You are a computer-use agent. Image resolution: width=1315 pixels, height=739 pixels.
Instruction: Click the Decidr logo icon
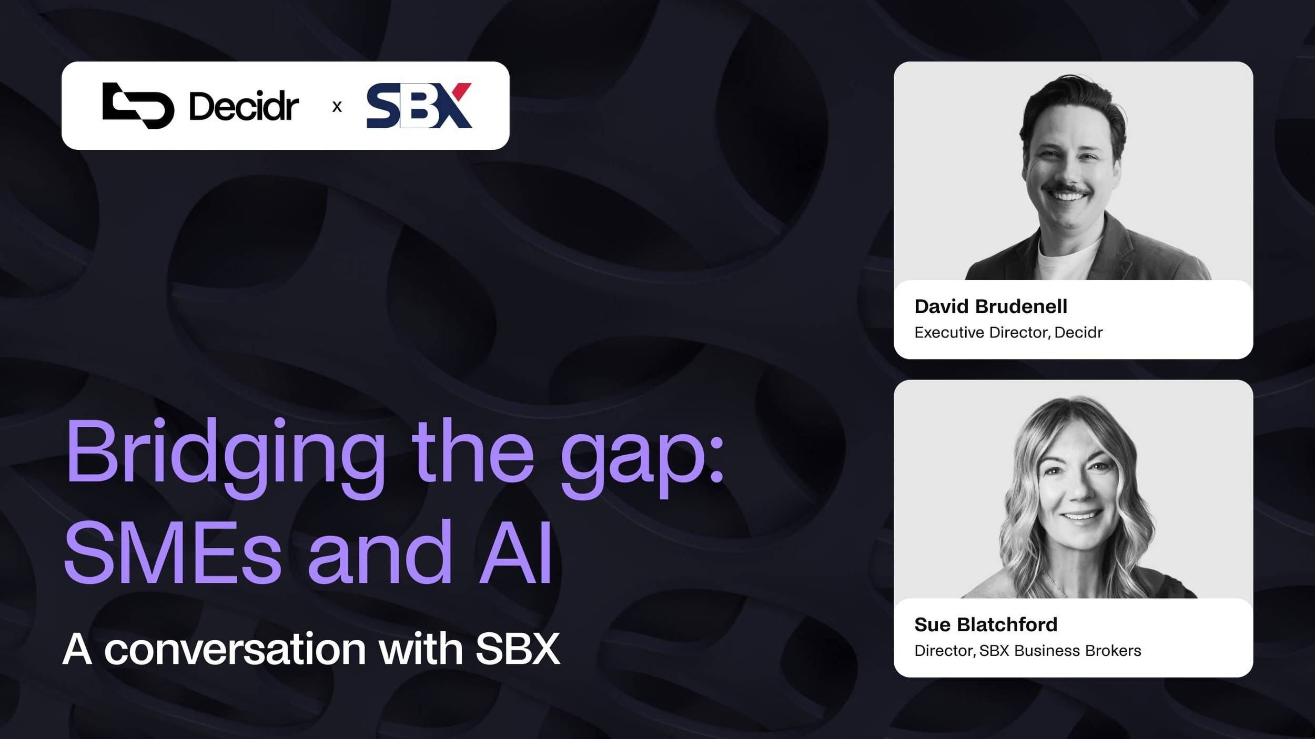[x=138, y=106]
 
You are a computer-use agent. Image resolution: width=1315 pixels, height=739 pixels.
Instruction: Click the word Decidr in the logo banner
[x=244, y=107]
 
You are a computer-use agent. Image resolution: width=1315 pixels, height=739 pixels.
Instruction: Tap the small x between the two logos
[x=337, y=107]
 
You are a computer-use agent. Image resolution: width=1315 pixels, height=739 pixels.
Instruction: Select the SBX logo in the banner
[x=419, y=106]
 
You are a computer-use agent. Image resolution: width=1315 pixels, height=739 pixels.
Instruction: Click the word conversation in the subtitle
[x=235, y=650]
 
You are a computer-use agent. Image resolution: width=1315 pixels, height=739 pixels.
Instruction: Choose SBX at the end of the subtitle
[x=518, y=650]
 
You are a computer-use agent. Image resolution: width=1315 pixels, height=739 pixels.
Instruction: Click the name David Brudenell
[x=990, y=306]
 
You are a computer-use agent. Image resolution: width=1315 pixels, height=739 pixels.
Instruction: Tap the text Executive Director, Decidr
[x=1008, y=333]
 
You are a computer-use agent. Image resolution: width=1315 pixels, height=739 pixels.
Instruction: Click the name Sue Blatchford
[x=985, y=624]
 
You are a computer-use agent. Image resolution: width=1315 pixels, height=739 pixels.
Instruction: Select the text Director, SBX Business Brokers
[x=1027, y=651]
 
